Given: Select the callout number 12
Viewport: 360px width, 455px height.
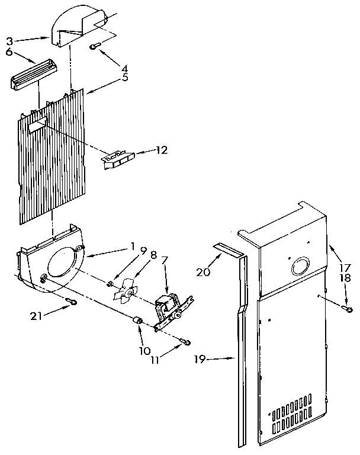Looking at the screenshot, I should pos(161,150).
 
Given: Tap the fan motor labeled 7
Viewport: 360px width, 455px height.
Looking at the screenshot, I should pos(168,308).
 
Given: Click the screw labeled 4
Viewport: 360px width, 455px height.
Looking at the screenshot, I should pos(95,46).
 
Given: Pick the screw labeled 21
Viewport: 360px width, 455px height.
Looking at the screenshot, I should pos(70,302).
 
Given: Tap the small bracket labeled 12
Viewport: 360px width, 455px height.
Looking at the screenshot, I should pos(119,159).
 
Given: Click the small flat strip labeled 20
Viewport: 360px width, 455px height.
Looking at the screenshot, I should pos(227,250).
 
